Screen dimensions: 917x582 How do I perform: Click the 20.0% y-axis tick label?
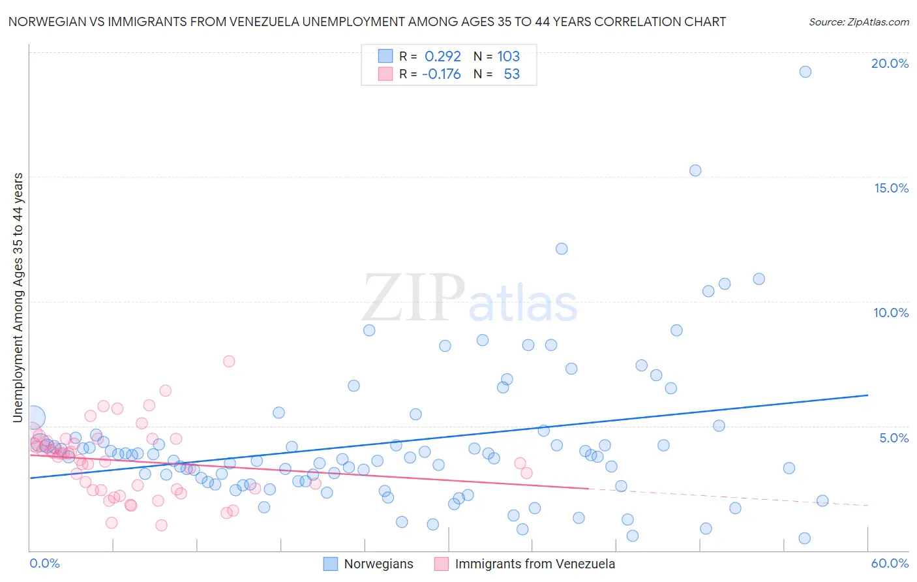(x=890, y=63)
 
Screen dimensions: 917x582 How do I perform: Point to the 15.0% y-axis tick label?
(x=891, y=188)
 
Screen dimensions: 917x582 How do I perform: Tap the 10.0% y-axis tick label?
(x=891, y=313)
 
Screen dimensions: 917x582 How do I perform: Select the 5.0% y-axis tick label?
(x=894, y=438)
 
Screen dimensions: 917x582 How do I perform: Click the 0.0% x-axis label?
(x=44, y=563)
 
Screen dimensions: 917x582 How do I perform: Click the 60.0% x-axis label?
(x=890, y=563)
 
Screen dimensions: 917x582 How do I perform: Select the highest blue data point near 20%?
(x=805, y=72)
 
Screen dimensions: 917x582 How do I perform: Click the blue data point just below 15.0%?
(x=695, y=170)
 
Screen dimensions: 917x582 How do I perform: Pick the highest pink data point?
(x=229, y=361)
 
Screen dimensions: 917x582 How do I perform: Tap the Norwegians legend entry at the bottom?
(x=368, y=564)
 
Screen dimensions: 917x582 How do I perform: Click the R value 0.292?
(x=443, y=56)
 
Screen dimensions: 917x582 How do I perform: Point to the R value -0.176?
(x=442, y=74)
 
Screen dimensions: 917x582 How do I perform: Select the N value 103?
(x=509, y=56)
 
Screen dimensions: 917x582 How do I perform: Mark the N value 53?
(x=512, y=74)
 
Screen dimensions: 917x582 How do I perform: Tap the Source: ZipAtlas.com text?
(x=859, y=22)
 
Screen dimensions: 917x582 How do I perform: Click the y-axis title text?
(x=18, y=298)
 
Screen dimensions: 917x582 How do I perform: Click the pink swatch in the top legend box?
(x=385, y=74)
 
